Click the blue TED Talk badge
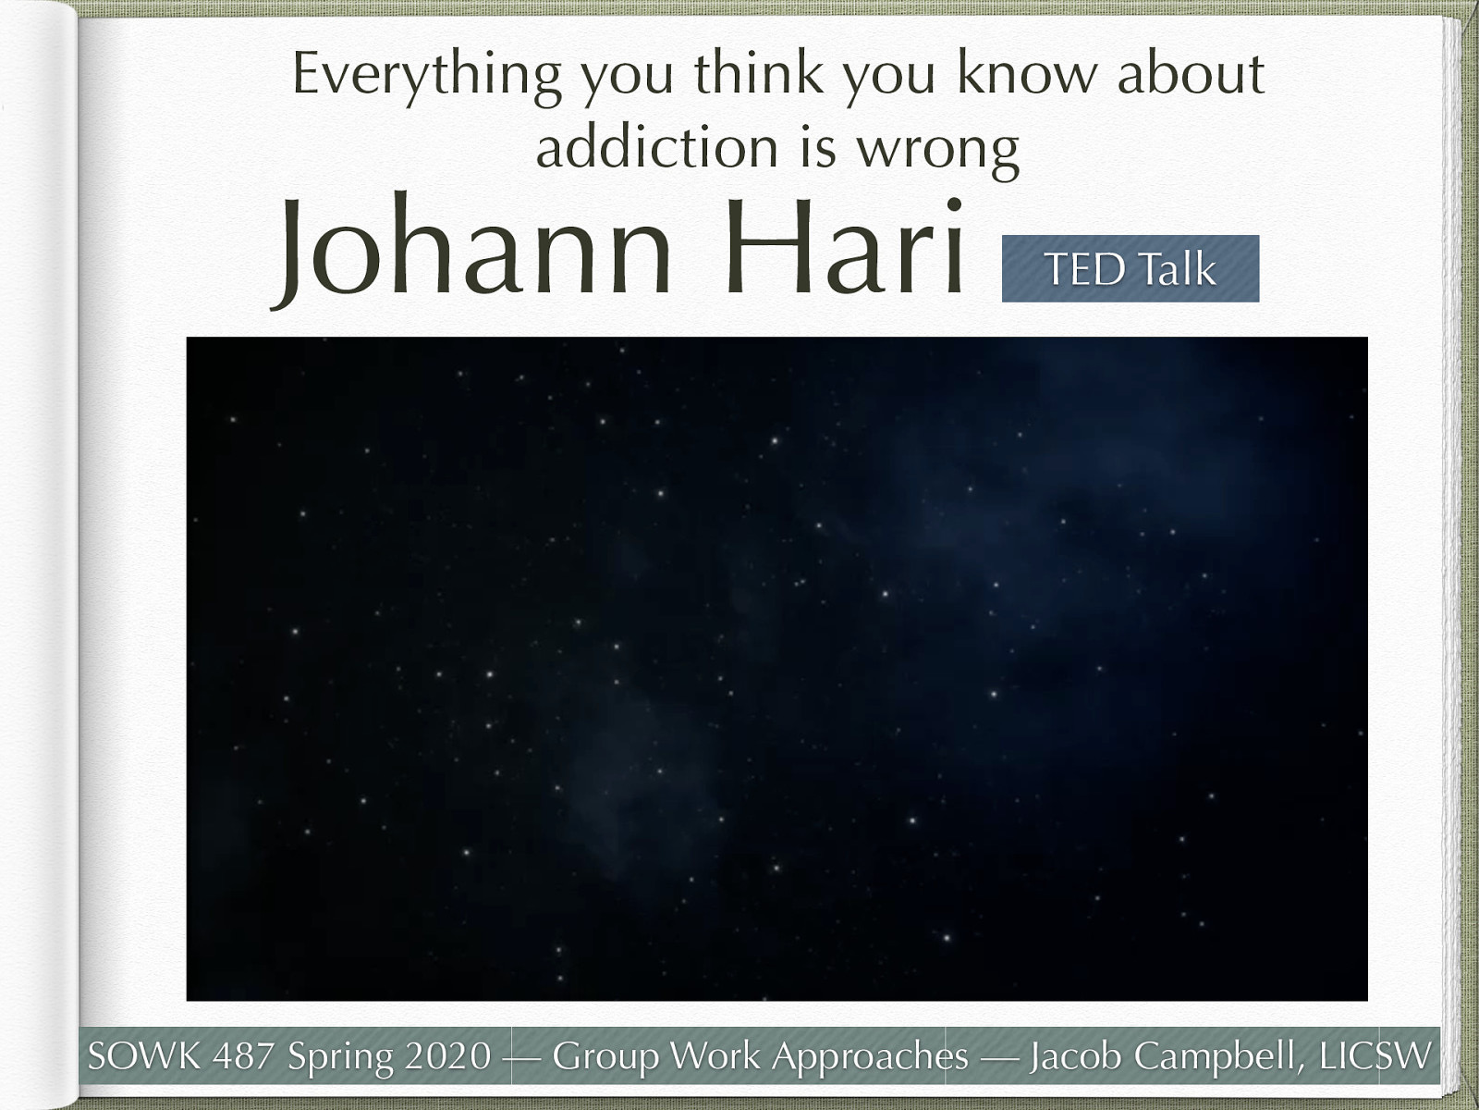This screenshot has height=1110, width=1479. click(x=1130, y=268)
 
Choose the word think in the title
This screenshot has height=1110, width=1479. click(x=758, y=73)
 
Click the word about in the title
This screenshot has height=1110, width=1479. click(x=1191, y=73)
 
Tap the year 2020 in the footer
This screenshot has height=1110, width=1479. click(x=447, y=1055)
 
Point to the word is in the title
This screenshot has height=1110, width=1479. click(x=818, y=148)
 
